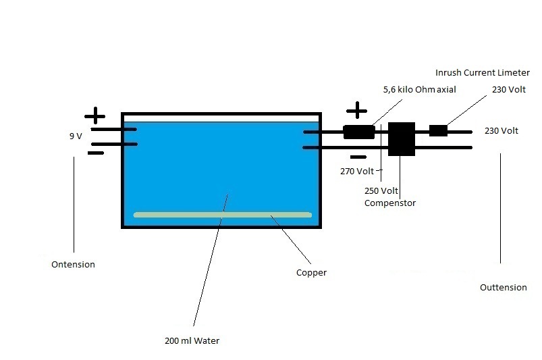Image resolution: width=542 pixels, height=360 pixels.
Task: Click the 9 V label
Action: [x=76, y=136]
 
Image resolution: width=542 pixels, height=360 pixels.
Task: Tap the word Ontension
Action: [x=73, y=265]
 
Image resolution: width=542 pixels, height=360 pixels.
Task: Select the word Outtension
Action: [x=503, y=288]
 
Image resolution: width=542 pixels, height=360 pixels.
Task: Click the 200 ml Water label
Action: [x=192, y=341]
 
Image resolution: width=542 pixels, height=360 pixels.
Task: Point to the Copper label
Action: [x=311, y=274]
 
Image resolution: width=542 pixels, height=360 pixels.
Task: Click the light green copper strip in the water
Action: [x=223, y=215]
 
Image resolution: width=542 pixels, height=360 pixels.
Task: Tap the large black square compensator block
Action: [x=401, y=138]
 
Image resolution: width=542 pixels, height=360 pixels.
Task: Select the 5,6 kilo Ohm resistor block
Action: [x=359, y=132]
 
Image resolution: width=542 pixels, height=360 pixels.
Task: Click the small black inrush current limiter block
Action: [x=439, y=130]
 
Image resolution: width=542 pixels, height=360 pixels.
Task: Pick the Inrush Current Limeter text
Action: [x=483, y=72]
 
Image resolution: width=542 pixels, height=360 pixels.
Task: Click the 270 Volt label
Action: [x=357, y=172]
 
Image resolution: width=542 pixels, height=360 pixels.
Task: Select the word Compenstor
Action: [x=390, y=203]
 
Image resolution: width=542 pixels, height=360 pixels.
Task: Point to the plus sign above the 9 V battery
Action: [x=95, y=115]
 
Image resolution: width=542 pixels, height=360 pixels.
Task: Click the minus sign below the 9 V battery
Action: [x=96, y=153]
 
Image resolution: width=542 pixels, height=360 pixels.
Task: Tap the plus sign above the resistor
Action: [x=356, y=111]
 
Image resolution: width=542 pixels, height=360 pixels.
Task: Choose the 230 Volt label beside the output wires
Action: [x=502, y=131]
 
